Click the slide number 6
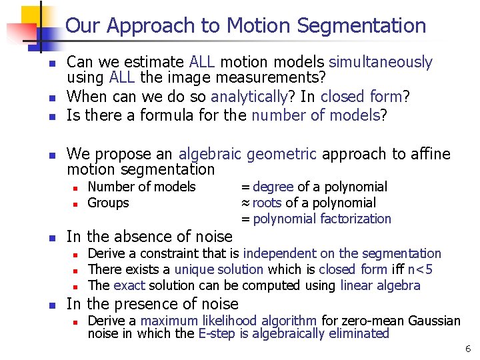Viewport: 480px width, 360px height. tap(468, 348)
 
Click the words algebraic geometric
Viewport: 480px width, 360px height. tap(247, 155)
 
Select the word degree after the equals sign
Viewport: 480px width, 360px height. tap(273, 187)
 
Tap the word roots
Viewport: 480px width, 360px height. tap(267, 203)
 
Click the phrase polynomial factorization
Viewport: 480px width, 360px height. tap(322, 219)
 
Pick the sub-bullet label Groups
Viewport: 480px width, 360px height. tap(108, 203)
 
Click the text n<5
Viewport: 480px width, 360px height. tap(420, 270)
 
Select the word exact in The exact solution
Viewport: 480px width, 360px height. tap(129, 286)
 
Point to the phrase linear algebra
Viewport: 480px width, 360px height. tap(380, 286)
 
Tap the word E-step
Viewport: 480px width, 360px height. tap(216, 334)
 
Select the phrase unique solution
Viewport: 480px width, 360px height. tap(219, 270)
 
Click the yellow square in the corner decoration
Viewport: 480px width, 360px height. tap(31, 16)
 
